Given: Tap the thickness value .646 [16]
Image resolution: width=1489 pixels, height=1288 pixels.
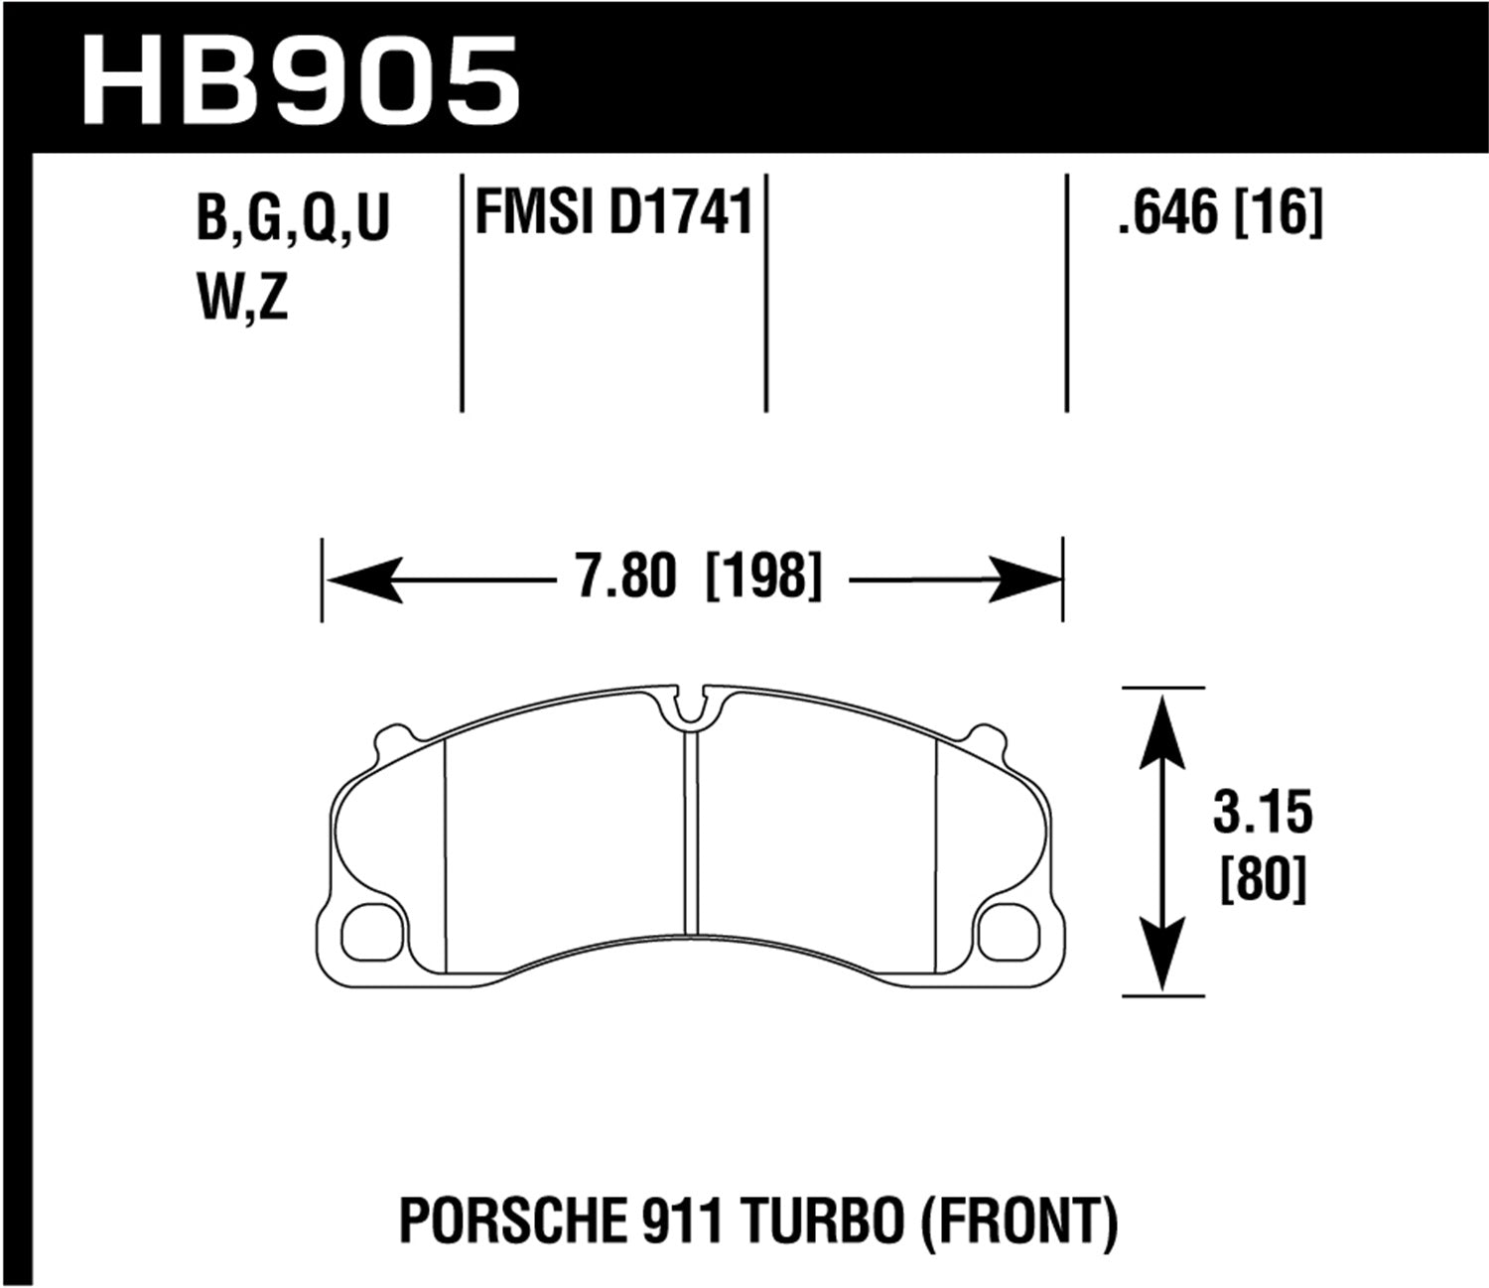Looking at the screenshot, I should pyautogui.click(x=1220, y=214).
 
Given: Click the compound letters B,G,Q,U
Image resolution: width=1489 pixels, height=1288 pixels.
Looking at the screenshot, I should pyautogui.click(x=294, y=219).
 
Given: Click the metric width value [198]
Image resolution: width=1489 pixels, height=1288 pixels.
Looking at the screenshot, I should pyautogui.click(x=763, y=578).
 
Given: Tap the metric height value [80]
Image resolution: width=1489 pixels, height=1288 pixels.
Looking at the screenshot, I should pyautogui.click(x=1262, y=879).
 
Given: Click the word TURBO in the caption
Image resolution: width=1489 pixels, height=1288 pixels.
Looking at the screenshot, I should pyautogui.click(x=844, y=1222).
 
